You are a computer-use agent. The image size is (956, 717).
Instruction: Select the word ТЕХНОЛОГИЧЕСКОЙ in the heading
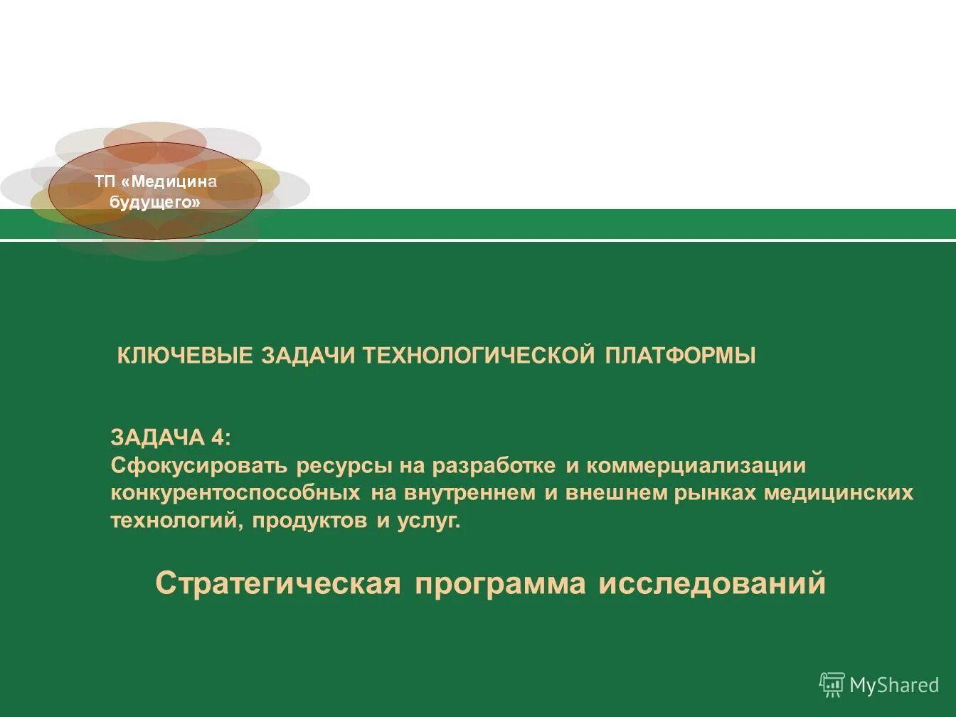[479, 355]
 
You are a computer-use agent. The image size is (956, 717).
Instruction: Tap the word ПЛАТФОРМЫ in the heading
[681, 355]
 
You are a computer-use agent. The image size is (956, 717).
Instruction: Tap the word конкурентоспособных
[235, 493]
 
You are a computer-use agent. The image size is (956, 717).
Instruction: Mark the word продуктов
[309, 521]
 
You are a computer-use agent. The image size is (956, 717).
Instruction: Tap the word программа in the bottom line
[500, 584]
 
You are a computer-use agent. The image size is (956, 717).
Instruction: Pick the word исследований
[712, 584]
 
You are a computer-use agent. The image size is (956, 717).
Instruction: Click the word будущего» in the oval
[155, 202]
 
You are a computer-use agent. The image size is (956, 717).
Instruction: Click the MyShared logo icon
[832, 684]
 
